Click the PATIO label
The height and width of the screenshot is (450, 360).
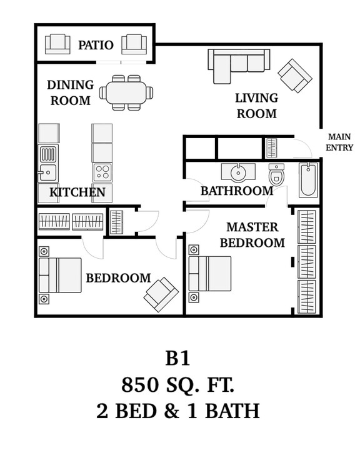[x=96, y=45]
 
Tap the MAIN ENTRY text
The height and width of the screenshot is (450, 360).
[x=339, y=142]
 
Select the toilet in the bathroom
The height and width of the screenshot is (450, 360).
[x=276, y=174]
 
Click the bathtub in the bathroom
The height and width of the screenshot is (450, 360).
[x=308, y=180]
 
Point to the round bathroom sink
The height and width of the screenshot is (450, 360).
[x=238, y=173]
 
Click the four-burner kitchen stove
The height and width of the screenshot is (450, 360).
[x=102, y=172]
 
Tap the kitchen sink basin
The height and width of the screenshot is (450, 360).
[x=47, y=172]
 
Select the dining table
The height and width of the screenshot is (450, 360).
[x=126, y=92]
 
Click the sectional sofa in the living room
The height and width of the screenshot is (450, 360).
[x=239, y=66]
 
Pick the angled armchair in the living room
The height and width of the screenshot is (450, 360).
[x=295, y=76]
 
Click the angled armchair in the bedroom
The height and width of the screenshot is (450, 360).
[x=161, y=294]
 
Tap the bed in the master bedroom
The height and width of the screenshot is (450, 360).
[x=210, y=274]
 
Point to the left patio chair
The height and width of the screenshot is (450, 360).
[x=57, y=44]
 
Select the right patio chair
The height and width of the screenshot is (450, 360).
[x=134, y=44]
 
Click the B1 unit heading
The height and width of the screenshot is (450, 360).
[x=177, y=358]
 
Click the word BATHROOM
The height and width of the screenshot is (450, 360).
[x=237, y=191]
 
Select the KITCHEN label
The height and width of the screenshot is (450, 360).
[x=77, y=192]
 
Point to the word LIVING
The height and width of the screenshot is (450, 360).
[x=257, y=98]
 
